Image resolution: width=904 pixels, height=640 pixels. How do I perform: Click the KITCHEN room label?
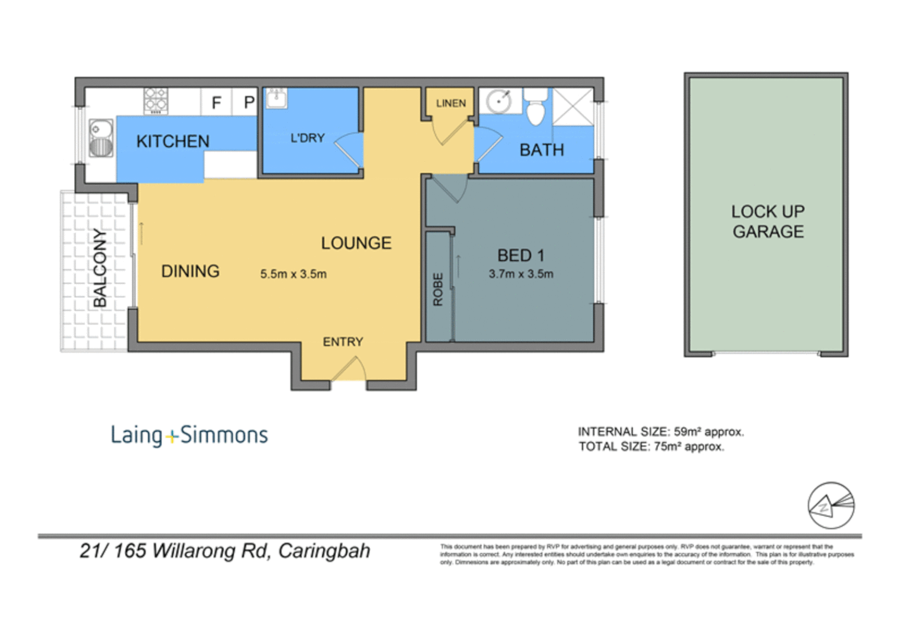(172, 141)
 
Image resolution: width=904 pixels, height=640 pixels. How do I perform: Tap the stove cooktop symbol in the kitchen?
(156, 101)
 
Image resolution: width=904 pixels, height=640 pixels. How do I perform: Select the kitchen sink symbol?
(101, 138)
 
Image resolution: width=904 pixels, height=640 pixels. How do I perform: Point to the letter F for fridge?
(216, 103)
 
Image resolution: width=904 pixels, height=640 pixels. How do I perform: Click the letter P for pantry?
(249, 103)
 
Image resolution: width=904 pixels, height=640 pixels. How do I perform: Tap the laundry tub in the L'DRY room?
(276, 98)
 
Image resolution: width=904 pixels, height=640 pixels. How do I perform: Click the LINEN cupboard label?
(451, 103)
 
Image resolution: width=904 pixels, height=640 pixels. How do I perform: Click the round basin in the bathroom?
(499, 101)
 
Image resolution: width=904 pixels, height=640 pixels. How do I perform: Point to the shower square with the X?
(572, 107)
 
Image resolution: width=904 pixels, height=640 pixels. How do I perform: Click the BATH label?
(541, 151)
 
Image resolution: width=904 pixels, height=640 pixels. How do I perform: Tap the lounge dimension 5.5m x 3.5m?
(293, 274)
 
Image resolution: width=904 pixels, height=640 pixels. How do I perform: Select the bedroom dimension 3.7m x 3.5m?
(520, 274)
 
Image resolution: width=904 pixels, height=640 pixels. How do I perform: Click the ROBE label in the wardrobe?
(438, 289)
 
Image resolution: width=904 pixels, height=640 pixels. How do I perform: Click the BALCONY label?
(100, 268)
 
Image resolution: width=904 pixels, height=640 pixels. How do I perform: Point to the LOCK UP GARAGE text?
(767, 222)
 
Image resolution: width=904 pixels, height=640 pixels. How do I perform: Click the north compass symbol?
(831, 505)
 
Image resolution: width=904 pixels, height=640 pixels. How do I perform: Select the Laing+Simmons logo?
(189, 435)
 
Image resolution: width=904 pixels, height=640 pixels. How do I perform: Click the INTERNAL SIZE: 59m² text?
(660, 431)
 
